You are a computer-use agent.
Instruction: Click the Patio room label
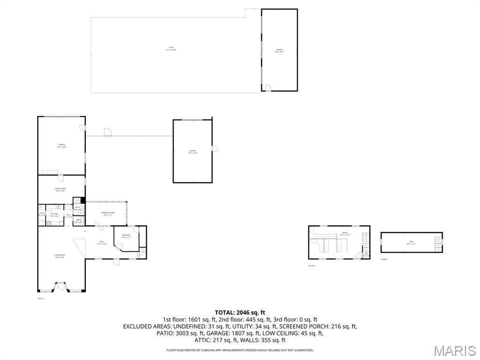171,49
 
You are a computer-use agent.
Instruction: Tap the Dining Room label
60,189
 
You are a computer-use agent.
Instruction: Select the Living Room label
59,256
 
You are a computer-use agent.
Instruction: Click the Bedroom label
126,236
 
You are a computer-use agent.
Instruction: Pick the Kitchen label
55,215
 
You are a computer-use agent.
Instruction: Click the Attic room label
411,243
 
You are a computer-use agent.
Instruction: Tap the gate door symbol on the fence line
108,133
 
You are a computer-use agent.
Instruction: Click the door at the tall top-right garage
267,88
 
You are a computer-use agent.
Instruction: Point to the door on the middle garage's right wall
215,149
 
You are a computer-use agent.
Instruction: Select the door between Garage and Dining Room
60,177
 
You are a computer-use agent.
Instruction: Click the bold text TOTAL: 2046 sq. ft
240,312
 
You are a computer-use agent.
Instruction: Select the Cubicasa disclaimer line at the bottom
240,350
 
